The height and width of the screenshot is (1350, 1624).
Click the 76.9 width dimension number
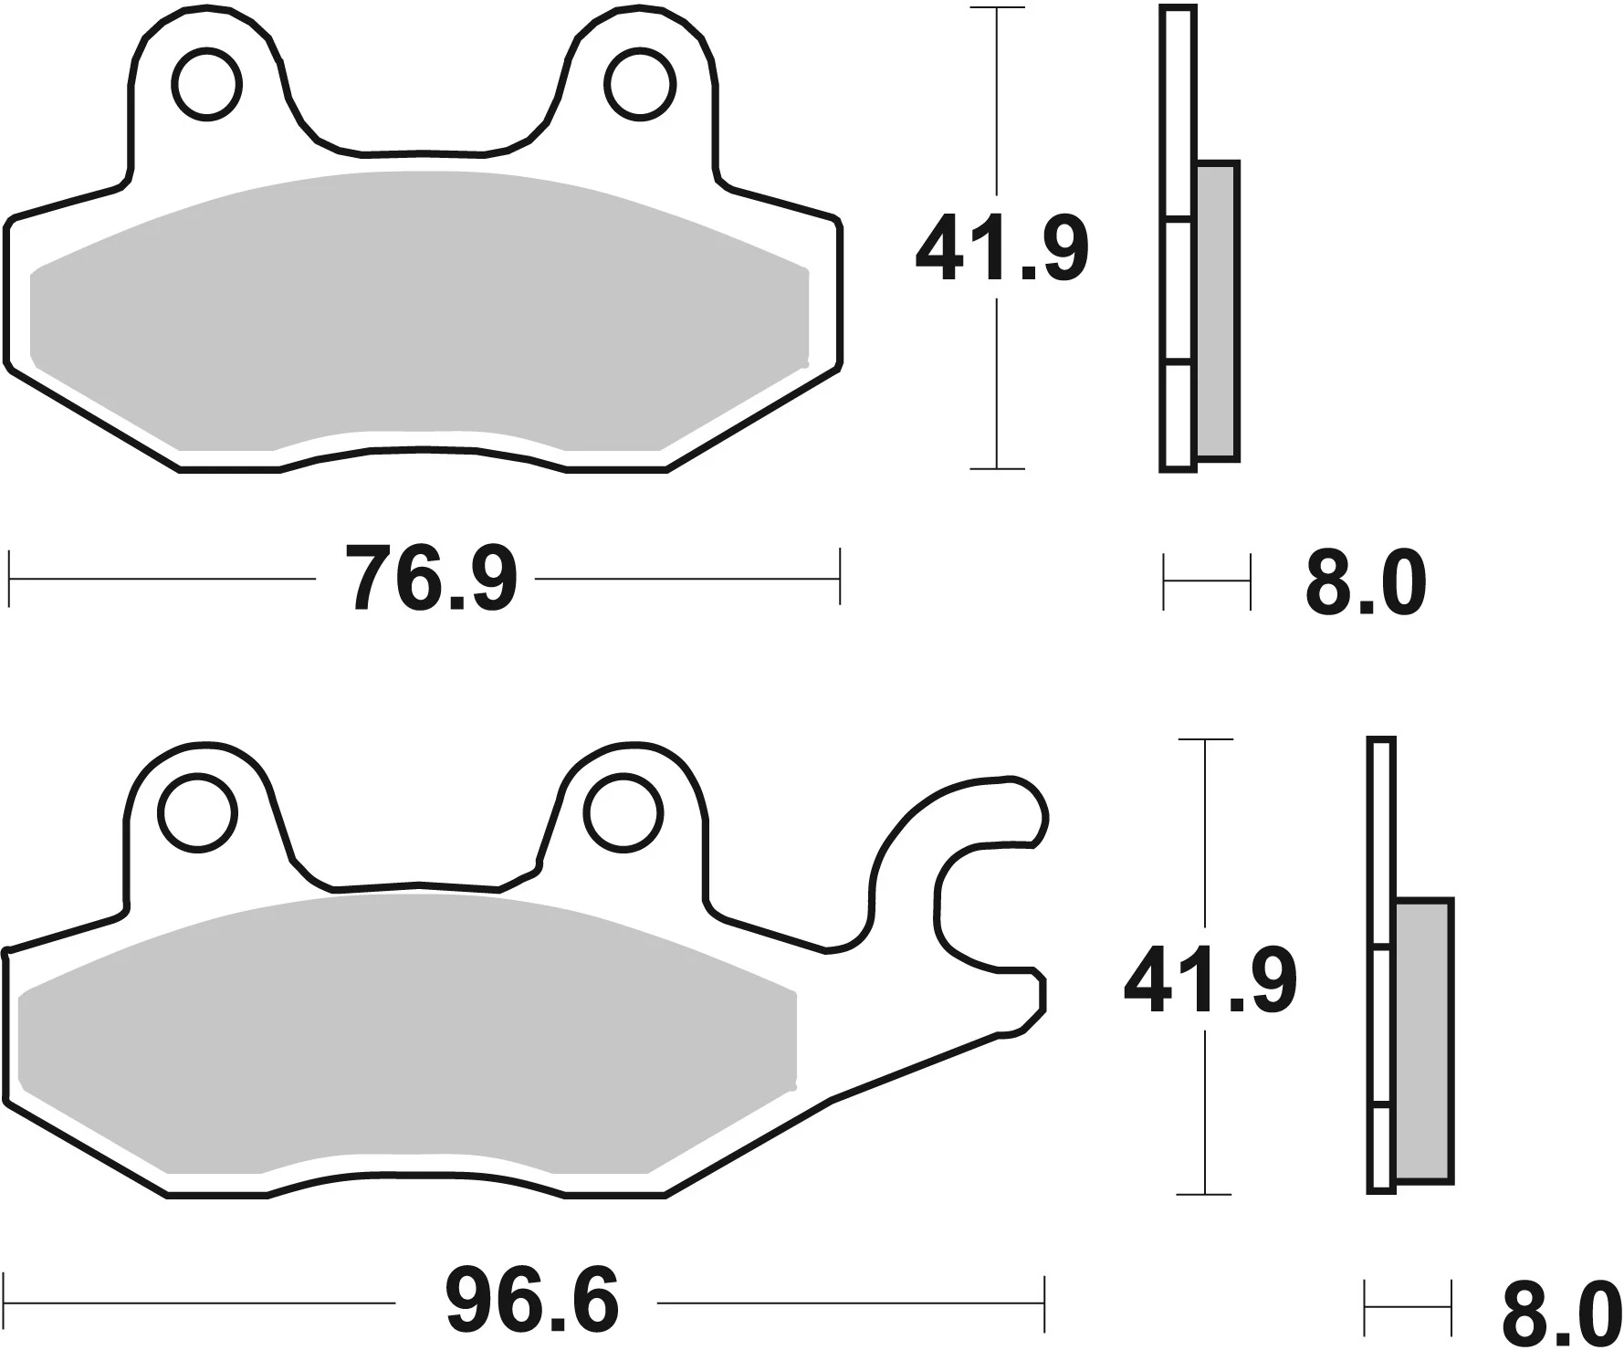[x=432, y=579]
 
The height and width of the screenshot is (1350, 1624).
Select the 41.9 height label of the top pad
[x=1002, y=249]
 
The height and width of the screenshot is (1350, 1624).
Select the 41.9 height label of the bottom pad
[x=1210, y=982]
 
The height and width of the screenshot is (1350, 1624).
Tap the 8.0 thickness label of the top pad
[x=1366, y=583]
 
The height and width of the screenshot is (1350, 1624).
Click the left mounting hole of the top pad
[x=210, y=85]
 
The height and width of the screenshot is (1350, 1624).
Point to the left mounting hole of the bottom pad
[x=197, y=812]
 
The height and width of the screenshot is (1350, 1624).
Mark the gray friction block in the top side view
[x=1217, y=310]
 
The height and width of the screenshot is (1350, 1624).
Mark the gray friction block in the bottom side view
[x=1424, y=1041]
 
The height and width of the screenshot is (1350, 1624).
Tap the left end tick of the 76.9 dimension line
[x=10, y=578]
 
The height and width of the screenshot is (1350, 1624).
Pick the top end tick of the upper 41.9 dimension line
[x=997, y=9]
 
